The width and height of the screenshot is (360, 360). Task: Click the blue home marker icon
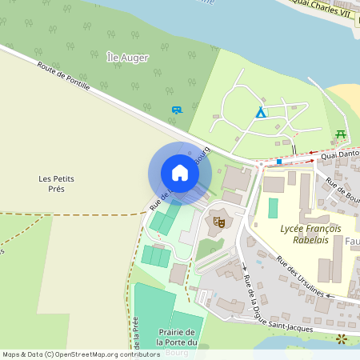[x=179, y=173]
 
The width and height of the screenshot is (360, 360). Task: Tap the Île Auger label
[x=128, y=58]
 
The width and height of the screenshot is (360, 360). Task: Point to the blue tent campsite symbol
[x=260, y=114]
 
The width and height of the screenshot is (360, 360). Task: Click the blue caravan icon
[x=176, y=110]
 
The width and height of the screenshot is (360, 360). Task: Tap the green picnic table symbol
[x=342, y=134]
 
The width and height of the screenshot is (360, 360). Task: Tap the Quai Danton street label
[x=340, y=151]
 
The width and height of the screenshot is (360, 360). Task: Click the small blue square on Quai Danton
[x=278, y=161]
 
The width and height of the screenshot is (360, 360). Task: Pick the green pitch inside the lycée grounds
[x=273, y=208]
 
